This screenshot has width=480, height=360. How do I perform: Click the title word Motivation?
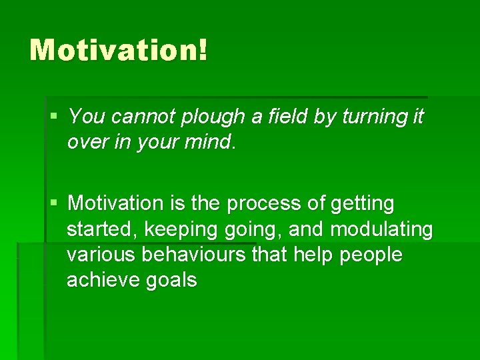(x=119, y=51)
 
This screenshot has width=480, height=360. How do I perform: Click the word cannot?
(x=142, y=117)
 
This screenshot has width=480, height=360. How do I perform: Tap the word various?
(x=96, y=255)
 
